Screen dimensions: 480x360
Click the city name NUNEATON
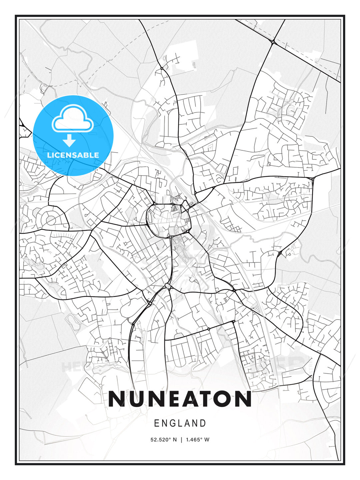click(x=180, y=399)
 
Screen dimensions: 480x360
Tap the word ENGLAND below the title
click(x=180, y=423)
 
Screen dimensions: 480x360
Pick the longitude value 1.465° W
click(x=198, y=440)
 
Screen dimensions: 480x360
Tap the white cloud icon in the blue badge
click(x=72, y=119)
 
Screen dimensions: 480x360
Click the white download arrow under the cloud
click(x=69, y=141)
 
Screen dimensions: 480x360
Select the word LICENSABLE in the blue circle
click(x=73, y=155)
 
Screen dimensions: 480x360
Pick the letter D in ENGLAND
click(x=203, y=423)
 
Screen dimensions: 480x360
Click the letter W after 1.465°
click(x=207, y=440)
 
